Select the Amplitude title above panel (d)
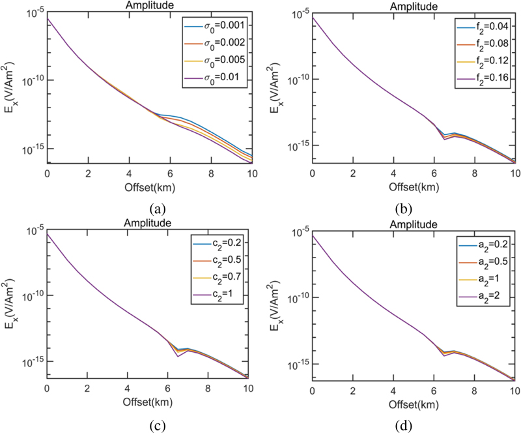point(414,224)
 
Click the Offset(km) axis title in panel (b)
point(414,187)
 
